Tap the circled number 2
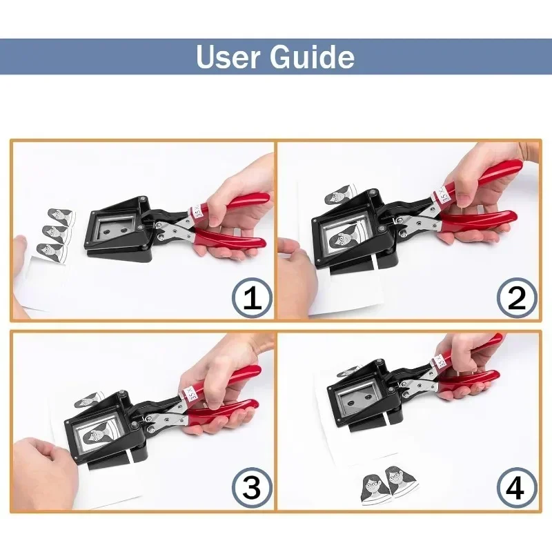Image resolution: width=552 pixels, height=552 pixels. click(517, 298)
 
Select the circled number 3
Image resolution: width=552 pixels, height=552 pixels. click(250, 489)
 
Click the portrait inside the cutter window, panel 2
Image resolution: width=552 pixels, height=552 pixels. click(343, 242)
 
